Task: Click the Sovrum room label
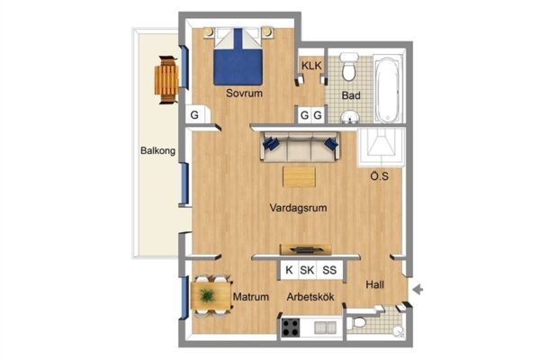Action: pyautogui.click(x=244, y=93)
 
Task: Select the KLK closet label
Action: pyautogui.click(x=311, y=66)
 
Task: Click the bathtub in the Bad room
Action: pyautogui.click(x=388, y=89)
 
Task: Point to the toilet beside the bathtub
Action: pyautogui.click(x=349, y=67)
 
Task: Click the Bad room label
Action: pyautogui.click(x=351, y=95)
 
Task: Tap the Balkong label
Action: pyautogui.click(x=157, y=150)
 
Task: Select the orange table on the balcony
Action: pyautogui.click(x=166, y=80)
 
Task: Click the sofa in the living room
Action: pyautogui.click(x=300, y=147)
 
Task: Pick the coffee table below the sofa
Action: pyautogui.click(x=299, y=177)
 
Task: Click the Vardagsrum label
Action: pyautogui.click(x=298, y=208)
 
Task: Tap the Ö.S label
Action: pyautogui.click(x=379, y=176)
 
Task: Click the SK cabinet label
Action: pyautogui.click(x=307, y=270)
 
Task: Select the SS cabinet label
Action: pyautogui.click(x=329, y=270)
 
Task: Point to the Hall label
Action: pyautogui.click(x=374, y=284)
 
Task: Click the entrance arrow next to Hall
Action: pyautogui.click(x=418, y=290)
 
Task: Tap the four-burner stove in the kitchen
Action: pyautogui.click(x=291, y=328)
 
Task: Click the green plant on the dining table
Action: pyautogui.click(x=207, y=295)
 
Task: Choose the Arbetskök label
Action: pyautogui.click(x=310, y=297)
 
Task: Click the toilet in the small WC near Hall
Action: pyautogui.click(x=356, y=323)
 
